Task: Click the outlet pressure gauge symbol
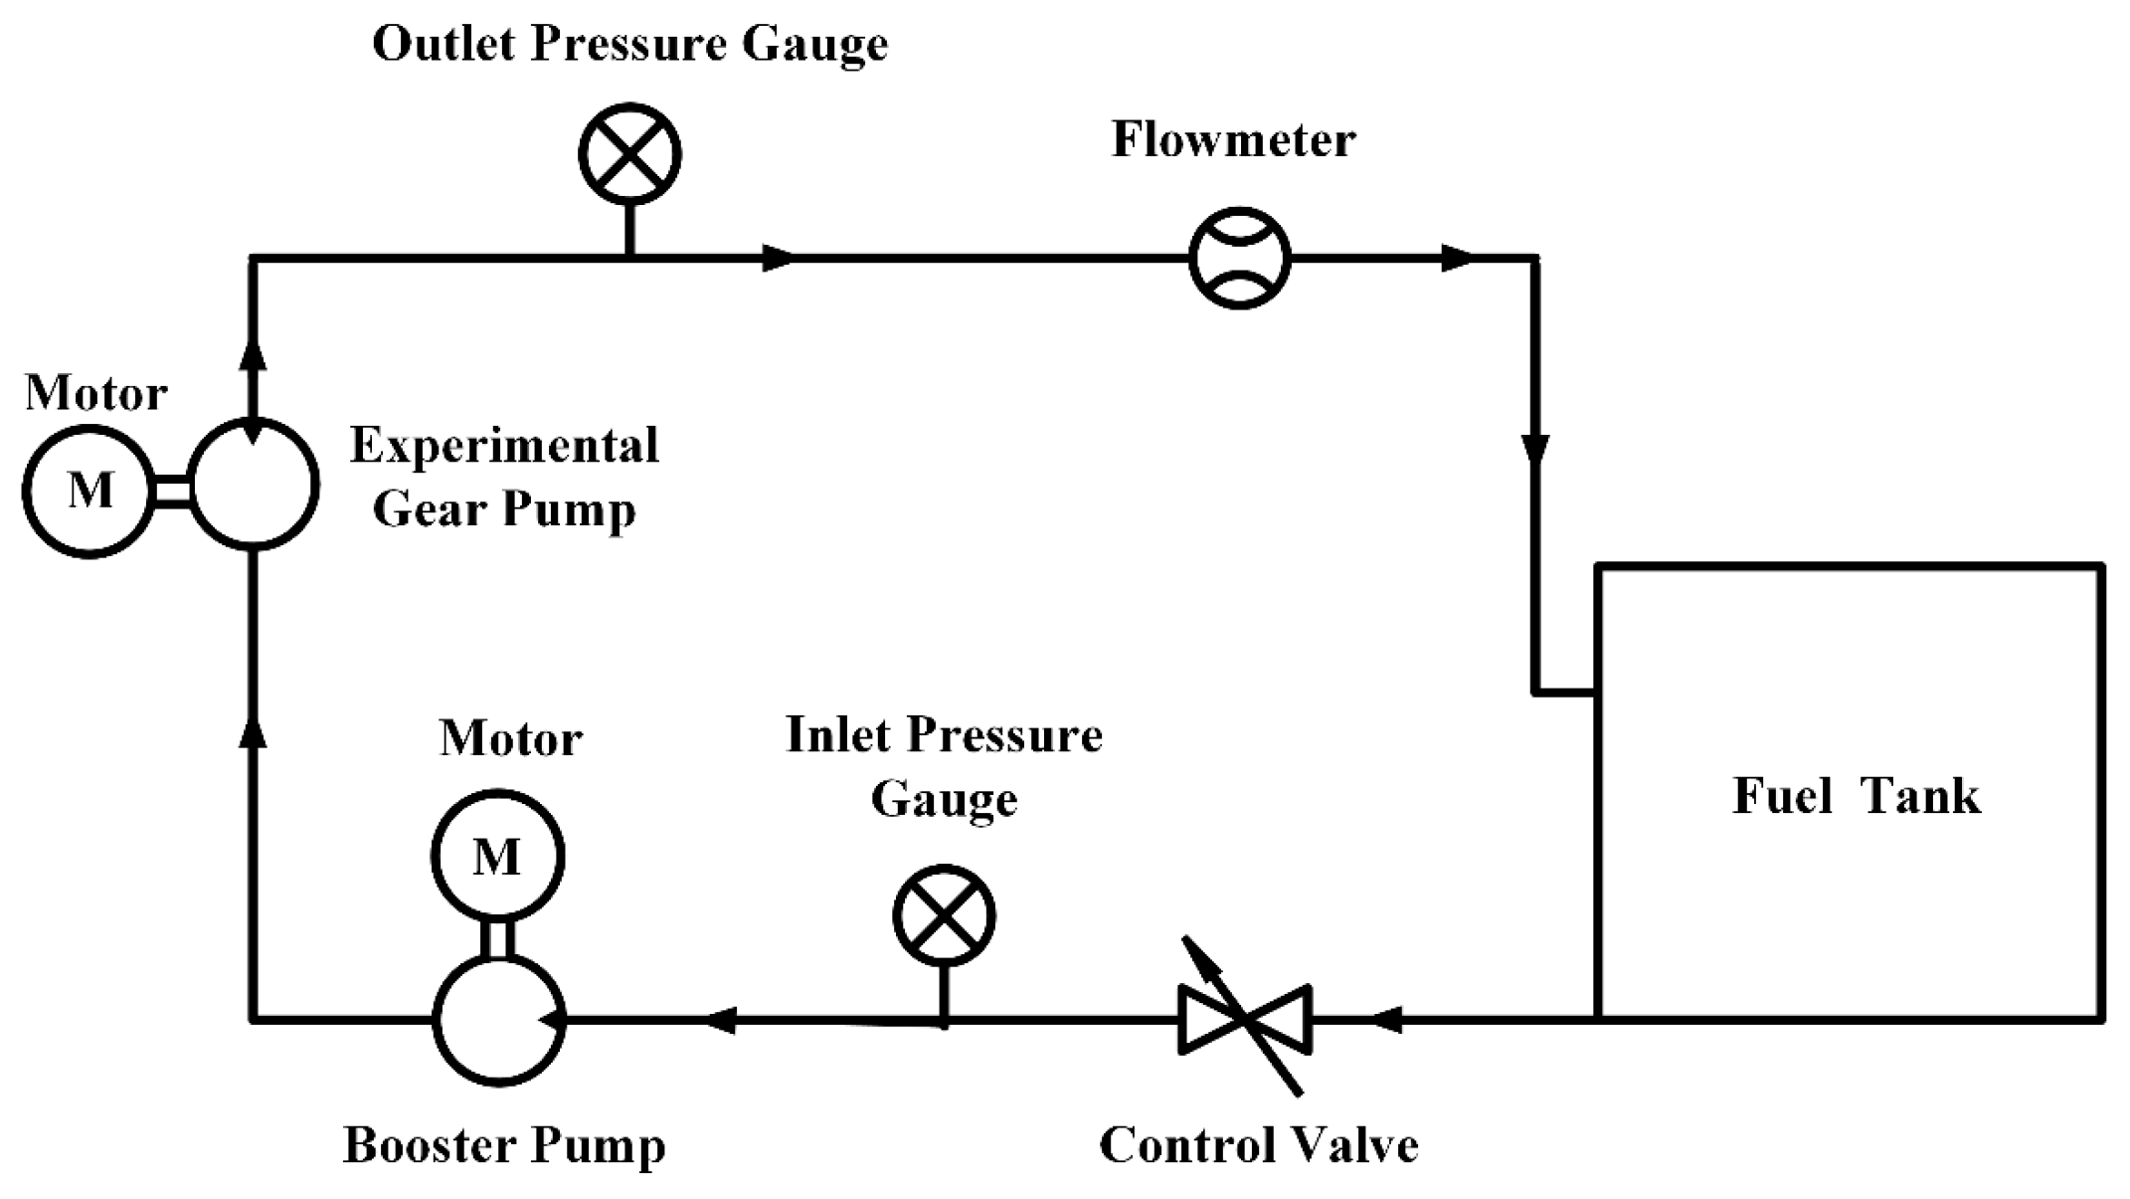click(x=629, y=154)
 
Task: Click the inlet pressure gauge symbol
click(x=944, y=915)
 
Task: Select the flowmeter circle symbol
click(x=1240, y=259)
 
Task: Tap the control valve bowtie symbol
click(x=1245, y=1019)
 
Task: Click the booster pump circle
click(x=500, y=1019)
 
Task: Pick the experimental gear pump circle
click(x=254, y=485)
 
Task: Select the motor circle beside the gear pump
click(x=89, y=492)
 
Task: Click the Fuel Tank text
click(x=1856, y=797)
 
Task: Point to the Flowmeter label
click(x=1233, y=140)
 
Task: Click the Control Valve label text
click(x=1258, y=1145)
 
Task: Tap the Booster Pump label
click(x=504, y=1145)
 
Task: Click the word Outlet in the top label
click(x=445, y=44)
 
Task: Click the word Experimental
click(x=504, y=446)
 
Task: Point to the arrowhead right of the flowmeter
click(x=1457, y=259)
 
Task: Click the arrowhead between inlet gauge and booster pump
click(x=721, y=1019)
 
